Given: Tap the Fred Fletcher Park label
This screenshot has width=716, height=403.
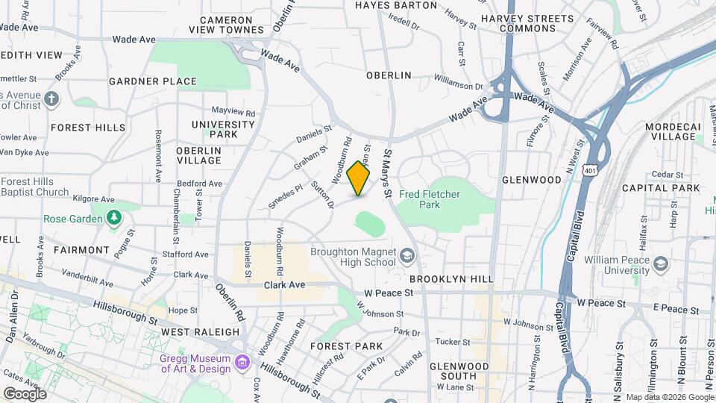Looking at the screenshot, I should click(x=429, y=199).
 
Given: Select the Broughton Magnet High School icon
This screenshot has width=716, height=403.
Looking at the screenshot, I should click(x=407, y=257).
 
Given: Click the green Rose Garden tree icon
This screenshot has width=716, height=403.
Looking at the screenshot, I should click(x=113, y=218).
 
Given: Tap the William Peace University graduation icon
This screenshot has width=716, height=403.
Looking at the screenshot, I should click(x=660, y=263).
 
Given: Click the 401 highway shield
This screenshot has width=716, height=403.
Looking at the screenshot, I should click(x=591, y=171).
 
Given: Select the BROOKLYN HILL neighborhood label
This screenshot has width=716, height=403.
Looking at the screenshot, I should click(x=451, y=279).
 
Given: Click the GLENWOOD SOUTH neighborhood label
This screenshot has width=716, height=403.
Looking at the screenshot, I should click(x=459, y=371).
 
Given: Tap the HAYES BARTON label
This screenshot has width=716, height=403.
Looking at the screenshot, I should click(x=396, y=5).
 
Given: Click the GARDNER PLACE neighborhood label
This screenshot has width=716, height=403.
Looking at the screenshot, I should click(x=153, y=81).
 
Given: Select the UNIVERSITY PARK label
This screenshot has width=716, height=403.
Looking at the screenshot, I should click(x=224, y=129).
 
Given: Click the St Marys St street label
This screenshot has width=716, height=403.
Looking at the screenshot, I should click(x=388, y=172).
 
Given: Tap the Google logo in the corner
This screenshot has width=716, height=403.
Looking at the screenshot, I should click(x=25, y=393).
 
